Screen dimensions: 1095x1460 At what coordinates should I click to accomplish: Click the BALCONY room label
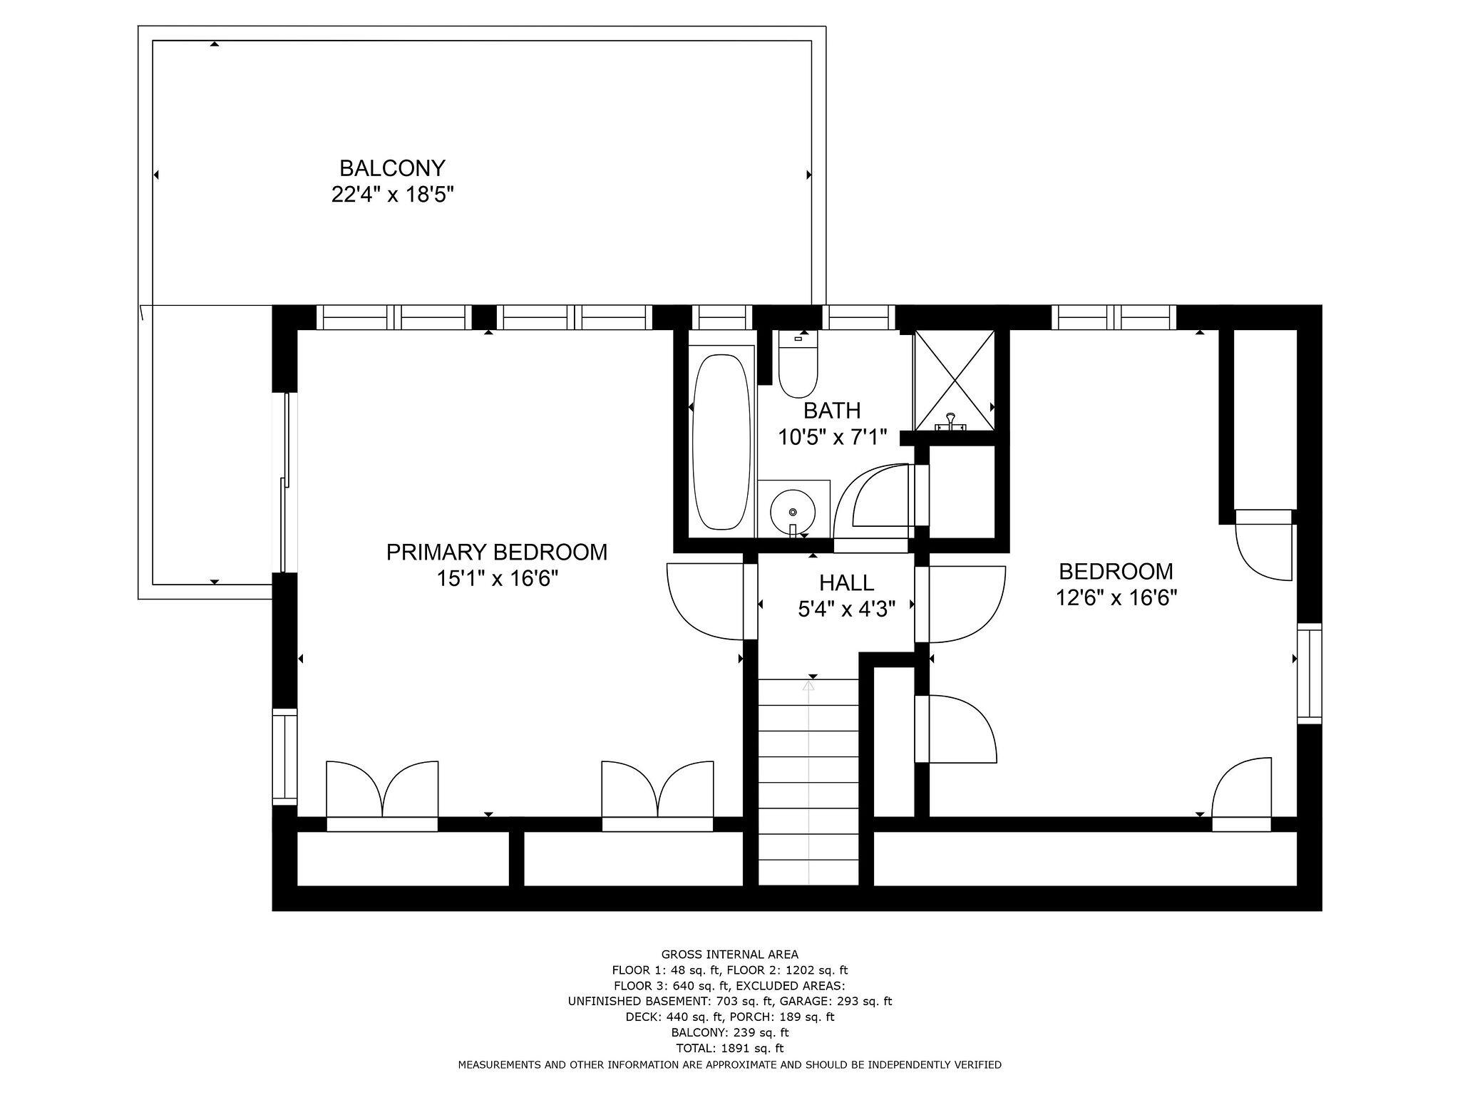(392, 168)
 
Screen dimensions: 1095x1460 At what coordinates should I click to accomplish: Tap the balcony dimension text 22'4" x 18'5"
(392, 195)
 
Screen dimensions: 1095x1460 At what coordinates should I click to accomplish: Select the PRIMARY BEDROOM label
(496, 552)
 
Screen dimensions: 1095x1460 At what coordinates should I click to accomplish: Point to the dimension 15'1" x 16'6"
(496, 578)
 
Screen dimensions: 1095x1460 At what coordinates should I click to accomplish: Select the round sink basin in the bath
(792, 511)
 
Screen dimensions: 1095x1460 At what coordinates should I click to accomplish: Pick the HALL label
(846, 582)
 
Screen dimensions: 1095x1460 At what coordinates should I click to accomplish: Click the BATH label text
(832, 411)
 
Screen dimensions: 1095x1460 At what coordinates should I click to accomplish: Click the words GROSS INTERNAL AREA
(729, 955)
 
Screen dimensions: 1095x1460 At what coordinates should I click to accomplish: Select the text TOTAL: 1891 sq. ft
(729, 1048)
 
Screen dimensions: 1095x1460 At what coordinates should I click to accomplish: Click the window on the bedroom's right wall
(1309, 673)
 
